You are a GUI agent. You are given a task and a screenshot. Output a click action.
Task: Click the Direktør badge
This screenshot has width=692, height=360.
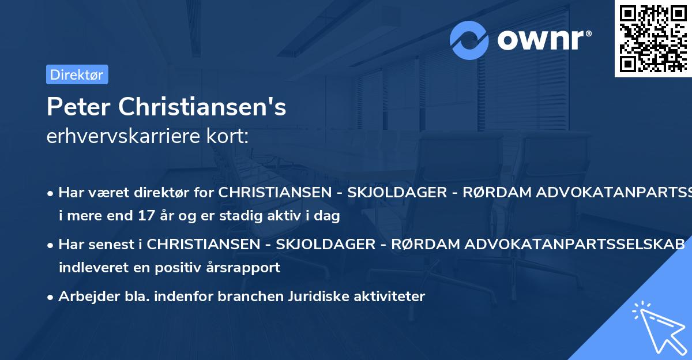tap(77, 74)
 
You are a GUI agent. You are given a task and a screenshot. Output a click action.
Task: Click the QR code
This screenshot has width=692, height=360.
tap(653, 38)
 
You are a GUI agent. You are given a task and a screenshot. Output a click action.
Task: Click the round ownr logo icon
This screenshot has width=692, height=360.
tap(469, 40)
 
